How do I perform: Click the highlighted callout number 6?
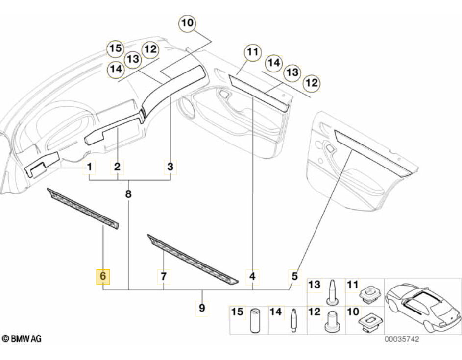tap(103, 277)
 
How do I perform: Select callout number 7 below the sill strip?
tap(163, 277)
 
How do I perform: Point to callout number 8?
tap(128, 194)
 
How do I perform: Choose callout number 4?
tap(253, 277)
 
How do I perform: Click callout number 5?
tap(294, 276)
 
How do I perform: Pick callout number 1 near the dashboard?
tap(90, 168)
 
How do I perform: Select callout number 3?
tap(170, 167)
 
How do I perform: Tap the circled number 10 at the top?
tap(188, 23)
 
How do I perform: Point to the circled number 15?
tap(115, 49)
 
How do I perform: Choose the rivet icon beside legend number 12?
tap(332, 321)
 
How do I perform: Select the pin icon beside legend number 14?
tap(293, 321)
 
